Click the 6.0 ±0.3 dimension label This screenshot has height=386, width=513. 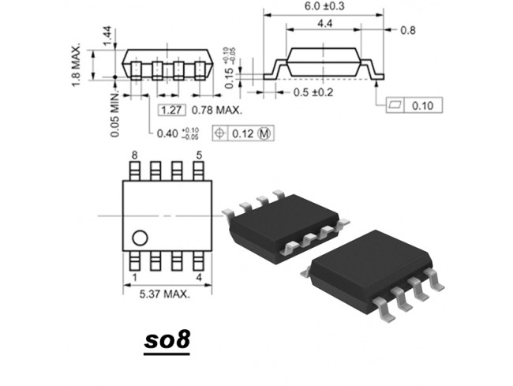324,6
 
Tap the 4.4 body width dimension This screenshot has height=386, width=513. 325,24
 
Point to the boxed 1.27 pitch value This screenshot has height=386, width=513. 172,111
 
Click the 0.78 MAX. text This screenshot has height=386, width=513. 217,111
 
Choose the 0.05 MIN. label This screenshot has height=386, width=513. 115,114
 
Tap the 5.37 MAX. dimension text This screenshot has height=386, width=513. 165,294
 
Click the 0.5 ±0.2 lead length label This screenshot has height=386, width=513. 313,92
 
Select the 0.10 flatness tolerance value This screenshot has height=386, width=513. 422,106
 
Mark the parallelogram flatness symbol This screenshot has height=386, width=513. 395,105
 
